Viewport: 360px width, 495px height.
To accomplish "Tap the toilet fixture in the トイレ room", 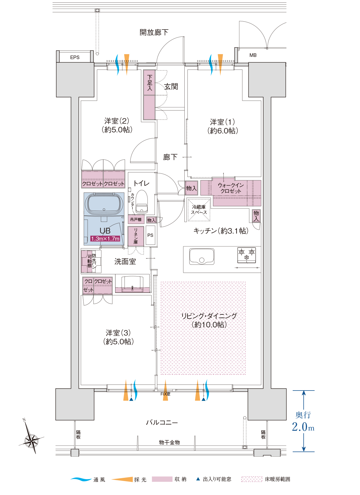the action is click(141, 202).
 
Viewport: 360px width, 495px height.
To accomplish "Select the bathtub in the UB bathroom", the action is click(104, 204).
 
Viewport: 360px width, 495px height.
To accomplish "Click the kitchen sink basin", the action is click(202, 256).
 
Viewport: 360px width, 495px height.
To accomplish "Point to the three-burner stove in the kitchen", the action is click(246, 255).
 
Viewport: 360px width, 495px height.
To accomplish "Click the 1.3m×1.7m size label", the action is click(105, 239).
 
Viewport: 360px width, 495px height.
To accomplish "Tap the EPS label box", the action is click(75, 57).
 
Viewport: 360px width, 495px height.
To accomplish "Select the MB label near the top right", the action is click(253, 55).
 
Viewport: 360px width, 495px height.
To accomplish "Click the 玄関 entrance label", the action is click(171, 87).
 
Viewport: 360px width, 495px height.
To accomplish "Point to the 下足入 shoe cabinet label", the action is click(149, 83).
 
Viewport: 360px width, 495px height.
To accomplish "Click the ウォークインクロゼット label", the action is click(231, 188).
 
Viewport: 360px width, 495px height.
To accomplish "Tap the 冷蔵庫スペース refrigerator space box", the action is click(199, 210).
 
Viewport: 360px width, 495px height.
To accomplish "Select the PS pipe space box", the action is click(150, 235).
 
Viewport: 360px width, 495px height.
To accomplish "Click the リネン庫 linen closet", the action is click(136, 236).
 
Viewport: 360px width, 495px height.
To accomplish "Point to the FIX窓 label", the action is click(165, 394).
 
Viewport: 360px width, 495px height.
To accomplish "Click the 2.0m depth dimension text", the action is click(303, 427).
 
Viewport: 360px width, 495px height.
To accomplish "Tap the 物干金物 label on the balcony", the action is click(169, 442).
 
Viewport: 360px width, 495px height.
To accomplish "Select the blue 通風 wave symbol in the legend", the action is click(81, 479).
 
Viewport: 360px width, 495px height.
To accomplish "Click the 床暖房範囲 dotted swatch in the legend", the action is click(252, 479).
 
